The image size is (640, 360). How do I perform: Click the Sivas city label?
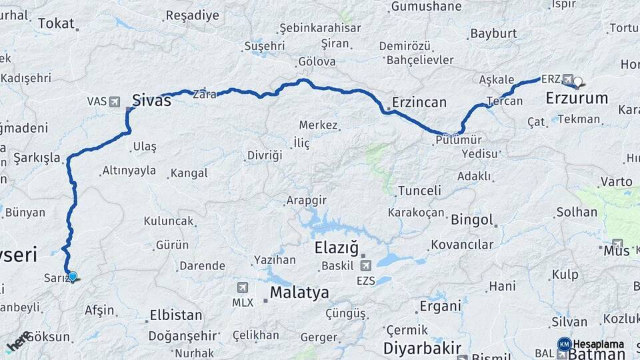point(151,101)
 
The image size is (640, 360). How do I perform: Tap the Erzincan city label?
point(419,102)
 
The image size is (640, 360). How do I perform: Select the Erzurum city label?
point(577,98)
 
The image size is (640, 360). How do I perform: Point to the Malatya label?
point(299,293)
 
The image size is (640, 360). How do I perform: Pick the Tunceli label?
point(419,191)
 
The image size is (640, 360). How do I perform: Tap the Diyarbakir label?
point(422,348)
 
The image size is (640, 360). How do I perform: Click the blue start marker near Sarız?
point(73,276)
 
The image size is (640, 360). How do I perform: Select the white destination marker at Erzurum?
point(577,83)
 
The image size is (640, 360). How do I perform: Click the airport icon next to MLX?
point(242,287)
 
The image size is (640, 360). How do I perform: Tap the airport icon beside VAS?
point(115,101)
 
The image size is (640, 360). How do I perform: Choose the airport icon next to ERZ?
point(568,78)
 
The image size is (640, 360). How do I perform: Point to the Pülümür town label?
point(458,139)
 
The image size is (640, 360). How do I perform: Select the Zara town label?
point(204,95)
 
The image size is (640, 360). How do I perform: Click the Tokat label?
point(55,23)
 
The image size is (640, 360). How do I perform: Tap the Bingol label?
point(472,219)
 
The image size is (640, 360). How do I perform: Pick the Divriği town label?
point(265,155)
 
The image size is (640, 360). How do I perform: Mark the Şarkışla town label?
point(37,158)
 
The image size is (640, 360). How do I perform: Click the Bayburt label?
point(493,33)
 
